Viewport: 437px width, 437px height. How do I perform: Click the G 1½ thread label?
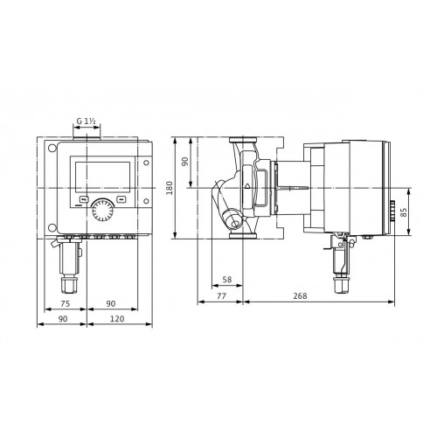86,121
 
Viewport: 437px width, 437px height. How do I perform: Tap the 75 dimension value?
66,303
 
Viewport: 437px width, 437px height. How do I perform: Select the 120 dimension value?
117,319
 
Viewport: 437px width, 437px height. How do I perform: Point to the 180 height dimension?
170,188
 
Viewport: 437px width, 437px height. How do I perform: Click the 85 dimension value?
404,212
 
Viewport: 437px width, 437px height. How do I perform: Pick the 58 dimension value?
227,280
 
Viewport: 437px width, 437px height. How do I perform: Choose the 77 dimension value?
221,296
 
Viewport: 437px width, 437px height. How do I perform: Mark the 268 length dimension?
300,296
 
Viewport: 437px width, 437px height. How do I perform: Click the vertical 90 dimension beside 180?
185,162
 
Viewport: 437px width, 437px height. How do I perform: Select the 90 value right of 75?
111,303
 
